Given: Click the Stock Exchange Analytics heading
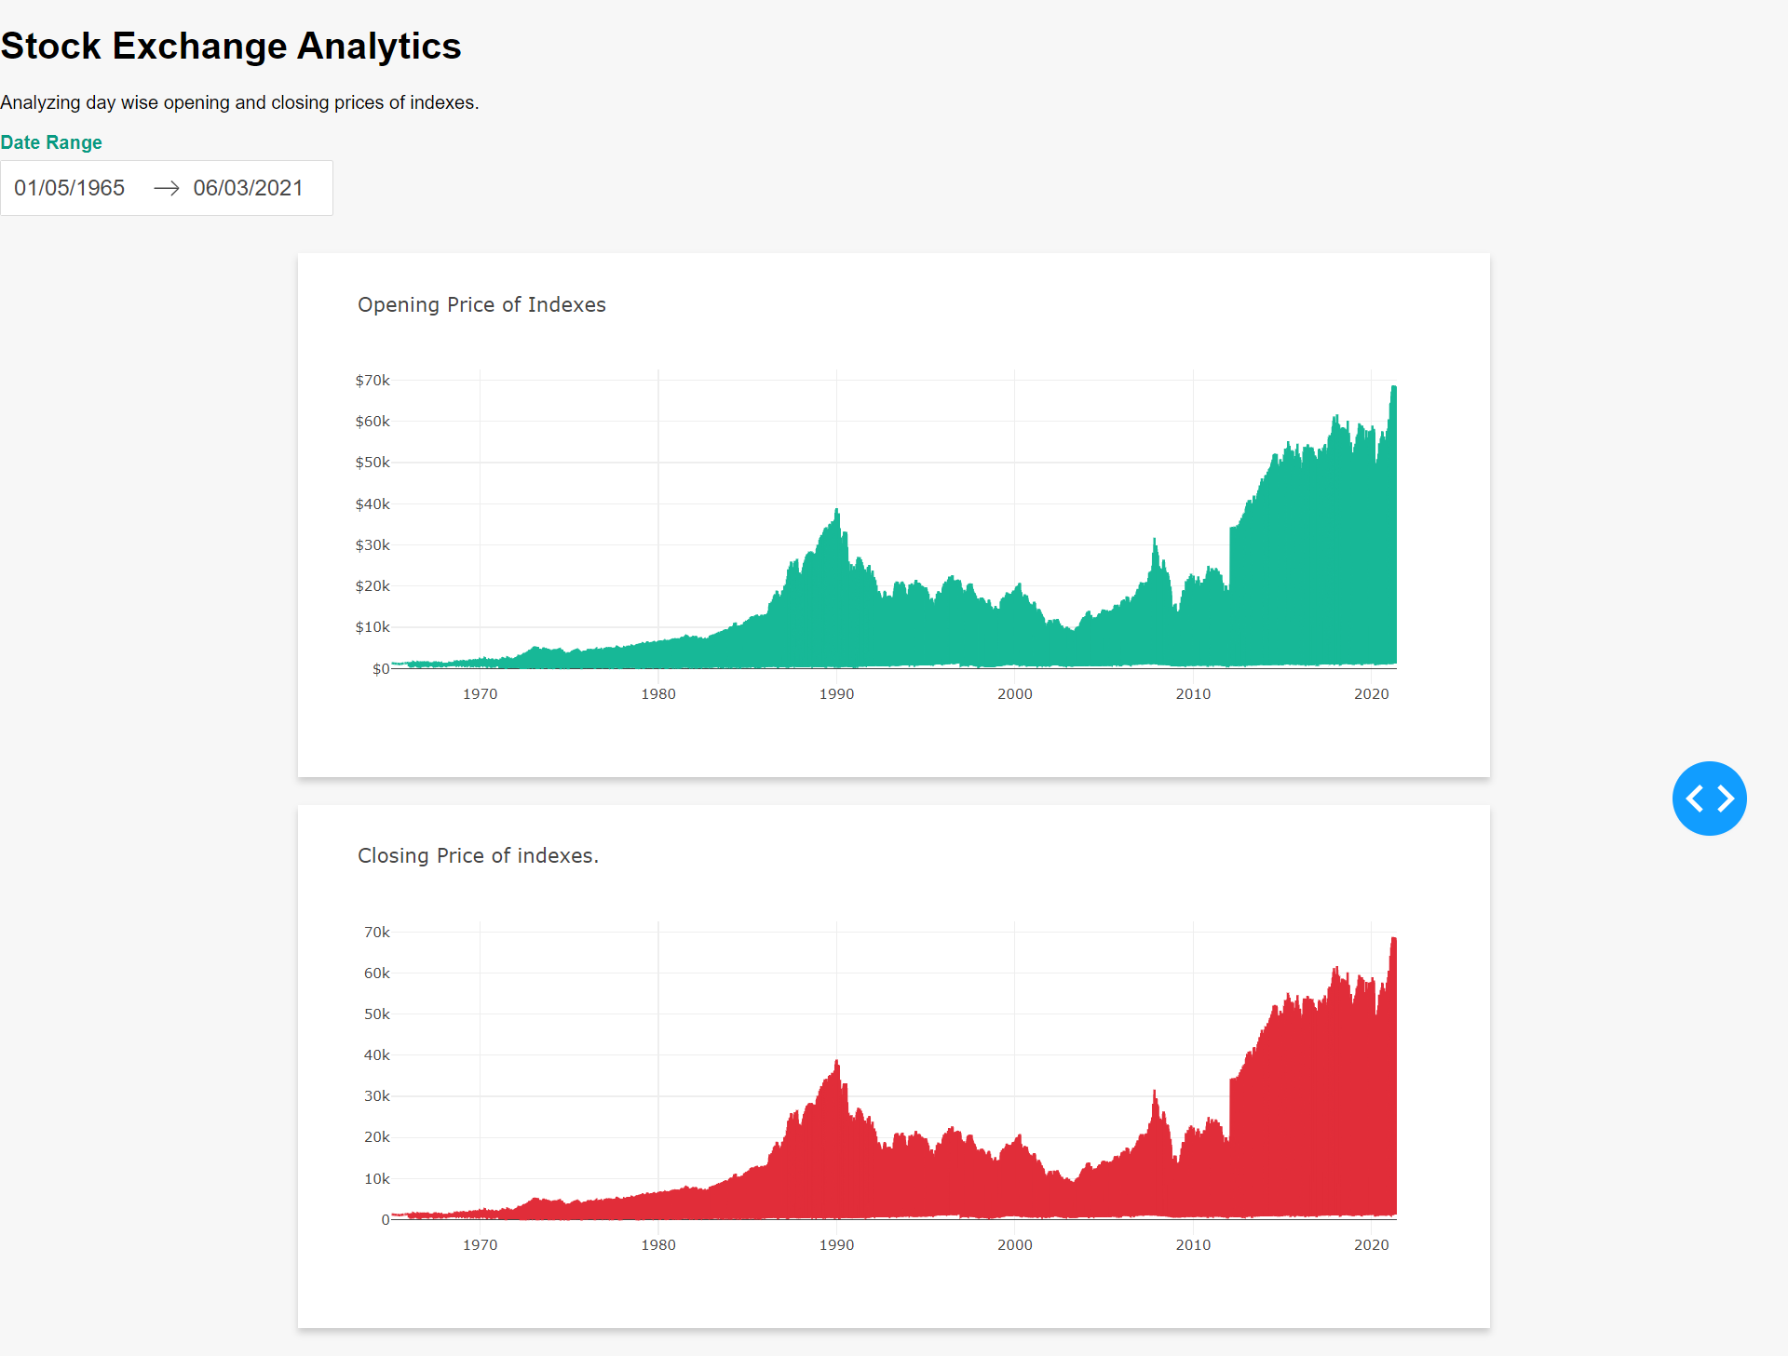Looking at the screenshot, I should click(230, 47).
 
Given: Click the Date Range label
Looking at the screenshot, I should click(51, 142).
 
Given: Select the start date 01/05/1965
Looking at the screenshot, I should click(70, 188).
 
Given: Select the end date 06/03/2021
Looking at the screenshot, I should click(248, 188).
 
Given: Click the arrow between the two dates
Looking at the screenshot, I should click(166, 188).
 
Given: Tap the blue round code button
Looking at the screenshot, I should click(1709, 799).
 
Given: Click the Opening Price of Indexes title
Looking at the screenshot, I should click(481, 305).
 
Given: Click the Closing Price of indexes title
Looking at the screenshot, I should click(478, 856).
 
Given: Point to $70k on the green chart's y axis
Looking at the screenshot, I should click(372, 381).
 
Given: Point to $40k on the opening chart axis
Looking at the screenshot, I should click(372, 504).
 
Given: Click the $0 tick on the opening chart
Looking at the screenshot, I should click(380, 669).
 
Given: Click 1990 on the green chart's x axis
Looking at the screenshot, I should click(836, 694).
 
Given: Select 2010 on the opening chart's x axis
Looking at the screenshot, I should click(1193, 694).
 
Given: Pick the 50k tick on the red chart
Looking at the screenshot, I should click(376, 1014).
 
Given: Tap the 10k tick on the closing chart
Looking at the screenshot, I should click(376, 1179).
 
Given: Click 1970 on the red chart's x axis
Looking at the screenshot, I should click(480, 1245).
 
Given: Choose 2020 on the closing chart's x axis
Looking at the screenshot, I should click(1371, 1245).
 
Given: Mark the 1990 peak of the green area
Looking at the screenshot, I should click(837, 511).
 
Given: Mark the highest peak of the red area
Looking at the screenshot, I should click(1393, 940).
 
